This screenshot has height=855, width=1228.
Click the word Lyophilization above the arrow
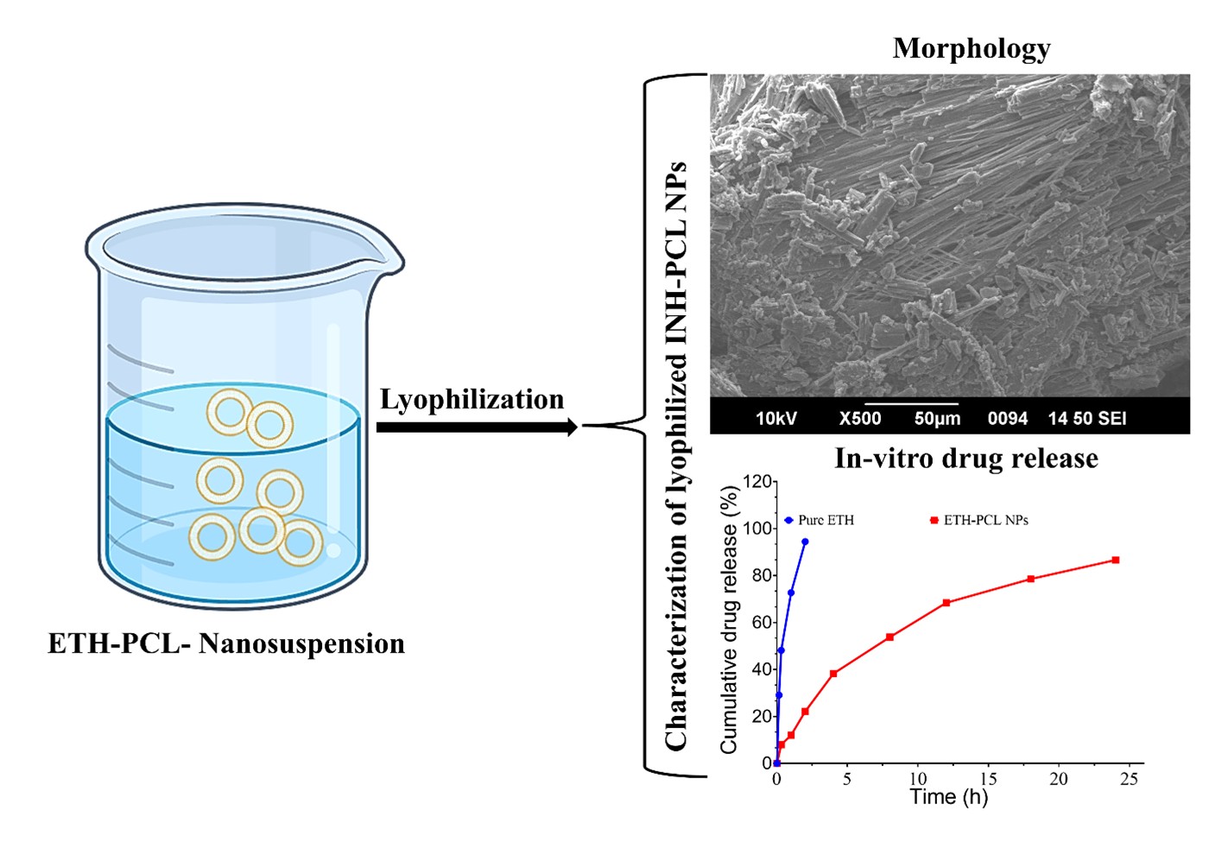472,399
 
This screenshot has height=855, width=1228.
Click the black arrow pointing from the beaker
477,427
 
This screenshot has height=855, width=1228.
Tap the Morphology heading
972,48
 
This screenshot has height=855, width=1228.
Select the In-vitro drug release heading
965,458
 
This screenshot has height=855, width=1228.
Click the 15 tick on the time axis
988,778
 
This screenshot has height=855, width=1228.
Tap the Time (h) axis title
948,796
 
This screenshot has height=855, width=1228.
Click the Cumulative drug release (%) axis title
730,619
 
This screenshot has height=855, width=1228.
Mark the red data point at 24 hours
1115,560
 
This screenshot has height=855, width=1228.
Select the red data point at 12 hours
946,602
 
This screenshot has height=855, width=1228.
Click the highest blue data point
805,541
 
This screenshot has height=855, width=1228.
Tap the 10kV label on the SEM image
775,419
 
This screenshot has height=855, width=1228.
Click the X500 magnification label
859,419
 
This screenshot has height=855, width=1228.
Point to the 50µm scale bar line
911,403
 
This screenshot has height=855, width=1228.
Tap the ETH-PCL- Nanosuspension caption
226,643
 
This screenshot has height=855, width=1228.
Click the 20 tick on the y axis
760,717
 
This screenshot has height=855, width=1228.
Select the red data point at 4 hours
833,674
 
